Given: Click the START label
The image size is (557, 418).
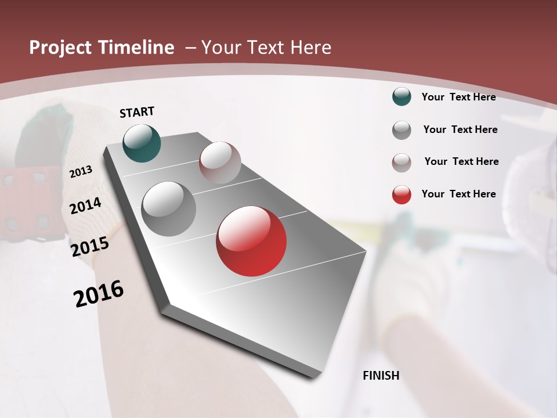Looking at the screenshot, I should pyautogui.click(x=137, y=112).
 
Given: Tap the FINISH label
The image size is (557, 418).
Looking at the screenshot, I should pyautogui.click(x=381, y=376).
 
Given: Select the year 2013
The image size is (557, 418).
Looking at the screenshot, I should pyautogui.click(x=81, y=172).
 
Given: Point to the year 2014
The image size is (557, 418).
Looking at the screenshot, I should pyautogui.click(x=86, y=206).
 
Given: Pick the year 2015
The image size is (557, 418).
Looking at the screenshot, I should pyautogui.click(x=90, y=247).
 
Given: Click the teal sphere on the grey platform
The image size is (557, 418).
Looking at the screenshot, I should pyautogui.click(x=142, y=143).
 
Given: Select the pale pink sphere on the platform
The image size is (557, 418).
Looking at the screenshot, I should pyautogui.click(x=220, y=163).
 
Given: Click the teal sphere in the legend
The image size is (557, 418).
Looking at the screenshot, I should pyautogui.click(x=402, y=97).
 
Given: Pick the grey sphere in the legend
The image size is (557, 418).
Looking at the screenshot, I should pyautogui.click(x=402, y=130).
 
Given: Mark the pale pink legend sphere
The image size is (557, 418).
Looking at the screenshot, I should pyautogui.click(x=402, y=163).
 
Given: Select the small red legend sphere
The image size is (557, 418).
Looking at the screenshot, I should pyautogui.click(x=402, y=194).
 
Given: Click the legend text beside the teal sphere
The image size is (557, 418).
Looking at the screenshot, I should pyautogui.click(x=458, y=97).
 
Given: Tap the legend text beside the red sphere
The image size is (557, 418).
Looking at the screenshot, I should pyautogui.click(x=458, y=194).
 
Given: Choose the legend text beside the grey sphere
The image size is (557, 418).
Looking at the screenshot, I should pyautogui.click(x=460, y=129).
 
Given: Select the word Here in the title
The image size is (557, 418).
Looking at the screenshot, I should pyautogui.click(x=312, y=48).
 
